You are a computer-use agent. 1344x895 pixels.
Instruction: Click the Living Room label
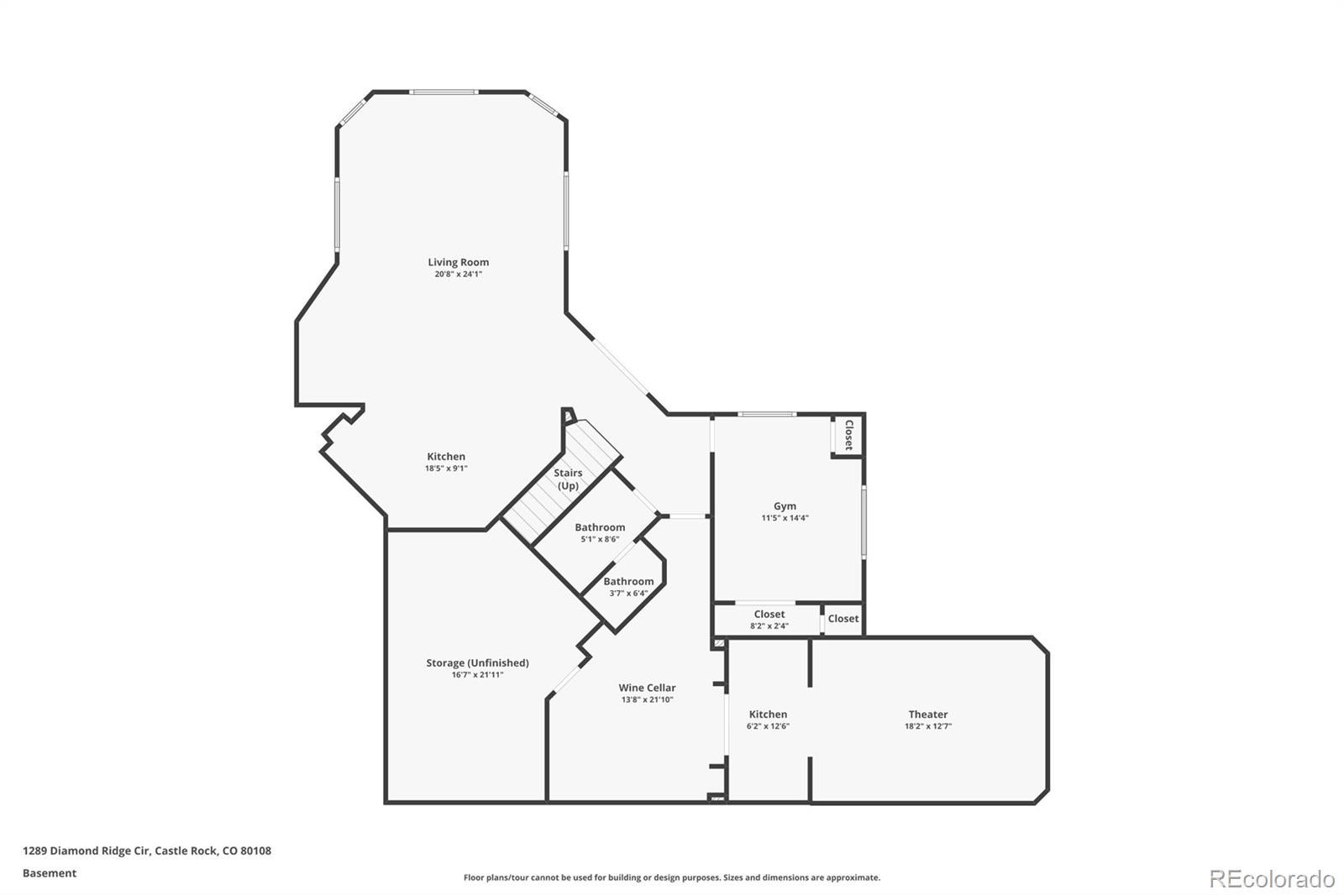[458, 262]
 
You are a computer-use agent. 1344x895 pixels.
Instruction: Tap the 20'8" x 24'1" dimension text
[458, 275]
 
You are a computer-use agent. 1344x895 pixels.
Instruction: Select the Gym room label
[785, 506]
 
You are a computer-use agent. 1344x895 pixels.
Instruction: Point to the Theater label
[927, 714]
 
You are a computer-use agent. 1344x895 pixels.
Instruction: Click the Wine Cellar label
[647, 688]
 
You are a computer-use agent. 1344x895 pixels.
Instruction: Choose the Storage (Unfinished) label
[477, 662]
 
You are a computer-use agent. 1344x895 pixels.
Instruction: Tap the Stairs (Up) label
[568, 479]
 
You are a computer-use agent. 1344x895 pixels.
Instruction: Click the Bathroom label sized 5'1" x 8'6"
[600, 527]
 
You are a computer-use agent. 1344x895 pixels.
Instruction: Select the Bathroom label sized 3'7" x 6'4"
[628, 581]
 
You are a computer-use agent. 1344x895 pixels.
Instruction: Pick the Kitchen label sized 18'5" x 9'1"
[446, 457]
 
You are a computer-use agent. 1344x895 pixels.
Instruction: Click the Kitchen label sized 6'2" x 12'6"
[768, 714]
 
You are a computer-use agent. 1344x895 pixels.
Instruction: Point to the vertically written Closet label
[848, 435]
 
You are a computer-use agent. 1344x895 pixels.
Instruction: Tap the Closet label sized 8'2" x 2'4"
[769, 615]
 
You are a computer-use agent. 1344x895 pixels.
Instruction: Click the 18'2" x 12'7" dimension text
[927, 726]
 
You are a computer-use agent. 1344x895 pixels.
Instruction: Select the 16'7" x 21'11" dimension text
[477, 675]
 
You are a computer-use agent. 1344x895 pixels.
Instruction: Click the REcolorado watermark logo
[1271, 878]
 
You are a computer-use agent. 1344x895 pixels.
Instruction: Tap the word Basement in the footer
[50, 873]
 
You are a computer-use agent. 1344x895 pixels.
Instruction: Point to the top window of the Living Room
[444, 92]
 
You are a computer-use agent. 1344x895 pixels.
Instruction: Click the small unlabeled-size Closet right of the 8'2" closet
[843, 619]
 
